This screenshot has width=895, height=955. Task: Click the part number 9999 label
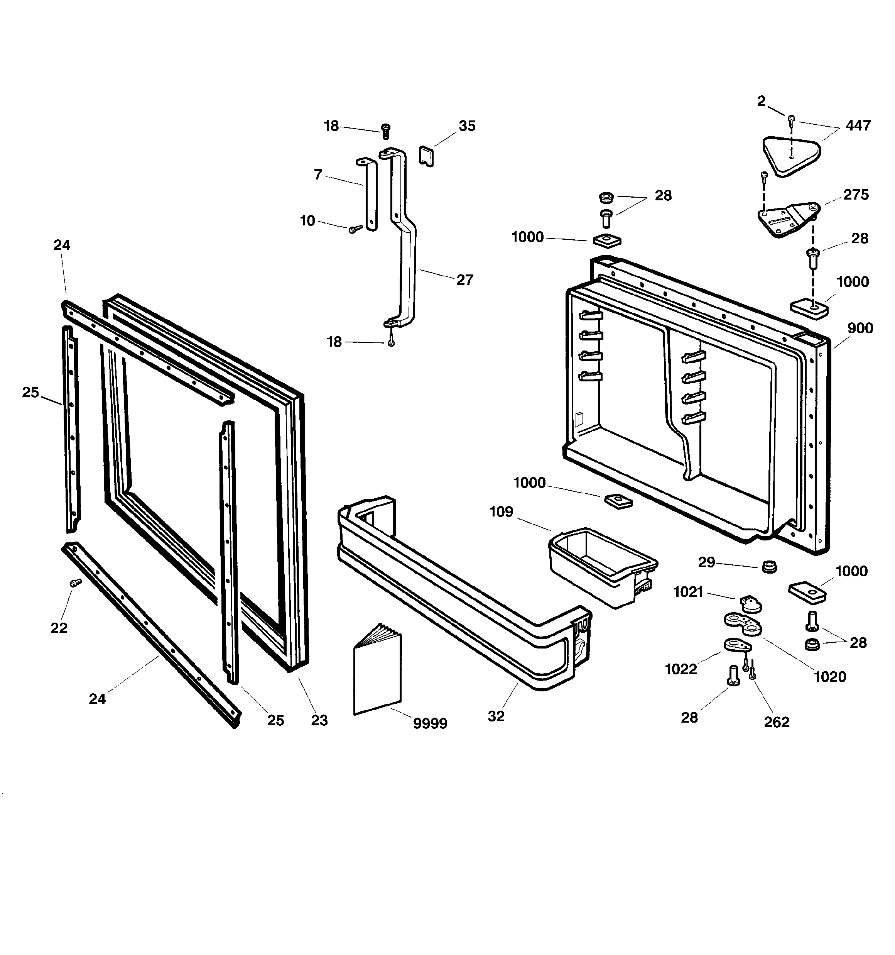pos(430,723)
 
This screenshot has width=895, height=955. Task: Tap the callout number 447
pos(858,125)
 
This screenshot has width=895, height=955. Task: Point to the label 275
pos(856,195)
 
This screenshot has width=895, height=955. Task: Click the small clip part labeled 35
pos(426,156)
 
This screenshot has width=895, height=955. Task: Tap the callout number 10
pos(307,220)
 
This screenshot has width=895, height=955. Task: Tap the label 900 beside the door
pos(860,328)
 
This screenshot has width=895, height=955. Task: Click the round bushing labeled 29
pos(769,566)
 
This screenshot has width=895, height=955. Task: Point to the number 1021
pos(688,592)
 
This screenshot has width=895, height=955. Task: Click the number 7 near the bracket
pos(317,175)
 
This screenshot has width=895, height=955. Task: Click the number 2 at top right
pos(761,102)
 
